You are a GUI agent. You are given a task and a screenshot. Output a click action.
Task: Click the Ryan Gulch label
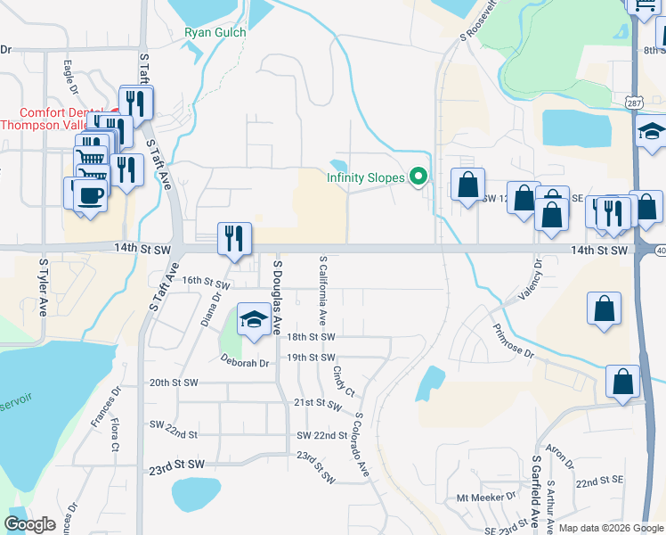(215, 32)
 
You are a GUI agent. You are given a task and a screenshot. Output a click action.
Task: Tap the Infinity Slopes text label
(365, 177)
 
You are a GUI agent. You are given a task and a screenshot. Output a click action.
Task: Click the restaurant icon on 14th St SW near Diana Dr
(235, 239)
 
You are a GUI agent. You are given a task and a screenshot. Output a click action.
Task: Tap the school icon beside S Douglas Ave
(254, 321)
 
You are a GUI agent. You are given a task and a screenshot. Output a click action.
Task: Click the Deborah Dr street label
(245, 363)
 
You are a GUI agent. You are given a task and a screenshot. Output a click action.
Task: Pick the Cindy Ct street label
(344, 380)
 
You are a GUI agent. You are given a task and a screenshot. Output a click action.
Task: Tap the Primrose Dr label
(511, 342)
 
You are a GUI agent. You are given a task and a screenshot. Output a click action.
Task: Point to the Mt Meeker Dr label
(486, 496)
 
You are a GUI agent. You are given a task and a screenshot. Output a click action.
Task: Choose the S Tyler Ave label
(42, 288)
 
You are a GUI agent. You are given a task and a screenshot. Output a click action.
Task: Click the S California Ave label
(322, 290)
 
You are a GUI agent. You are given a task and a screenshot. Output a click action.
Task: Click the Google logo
(29, 523)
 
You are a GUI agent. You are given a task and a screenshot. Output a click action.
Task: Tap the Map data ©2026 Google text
(611, 528)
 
